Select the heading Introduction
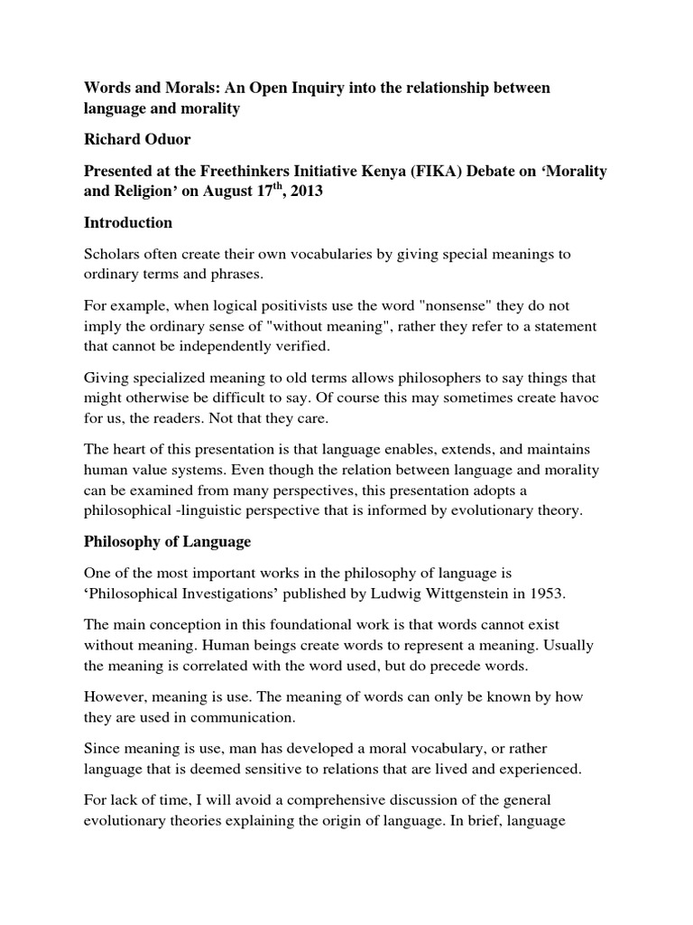coord(128,222)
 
